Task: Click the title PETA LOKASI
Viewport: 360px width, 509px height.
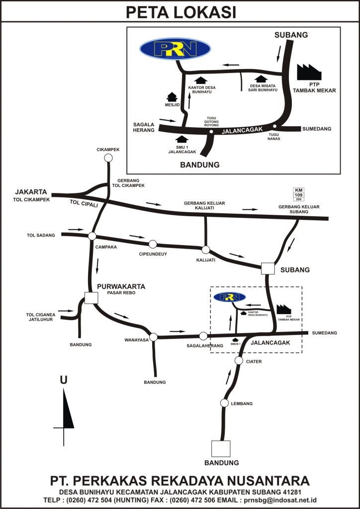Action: click(x=180, y=12)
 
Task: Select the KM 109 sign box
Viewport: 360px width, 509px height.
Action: click(x=298, y=194)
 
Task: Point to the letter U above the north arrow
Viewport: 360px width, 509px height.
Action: click(x=64, y=380)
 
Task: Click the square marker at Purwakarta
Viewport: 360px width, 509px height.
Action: click(x=91, y=297)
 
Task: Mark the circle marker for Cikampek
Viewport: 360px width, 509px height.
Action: click(x=108, y=158)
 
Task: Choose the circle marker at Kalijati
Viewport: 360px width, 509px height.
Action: click(x=205, y=250)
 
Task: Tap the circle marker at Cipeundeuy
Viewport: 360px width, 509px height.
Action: click(x=153, y=244)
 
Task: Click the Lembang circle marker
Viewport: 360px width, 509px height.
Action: click(x=224, y=403)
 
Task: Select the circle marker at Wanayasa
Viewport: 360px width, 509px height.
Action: click(x=153, y=337)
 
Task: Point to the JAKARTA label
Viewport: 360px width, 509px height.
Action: click(x=31, y=192)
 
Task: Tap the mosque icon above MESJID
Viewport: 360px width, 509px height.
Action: click(x=172, y=96)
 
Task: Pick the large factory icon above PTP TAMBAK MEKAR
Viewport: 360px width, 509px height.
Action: click(x=309, y=72)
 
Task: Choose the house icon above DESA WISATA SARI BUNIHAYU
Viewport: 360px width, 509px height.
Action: click(x=259, y=79)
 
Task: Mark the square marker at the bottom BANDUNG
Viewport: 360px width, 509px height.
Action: click(x=221, y=449)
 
